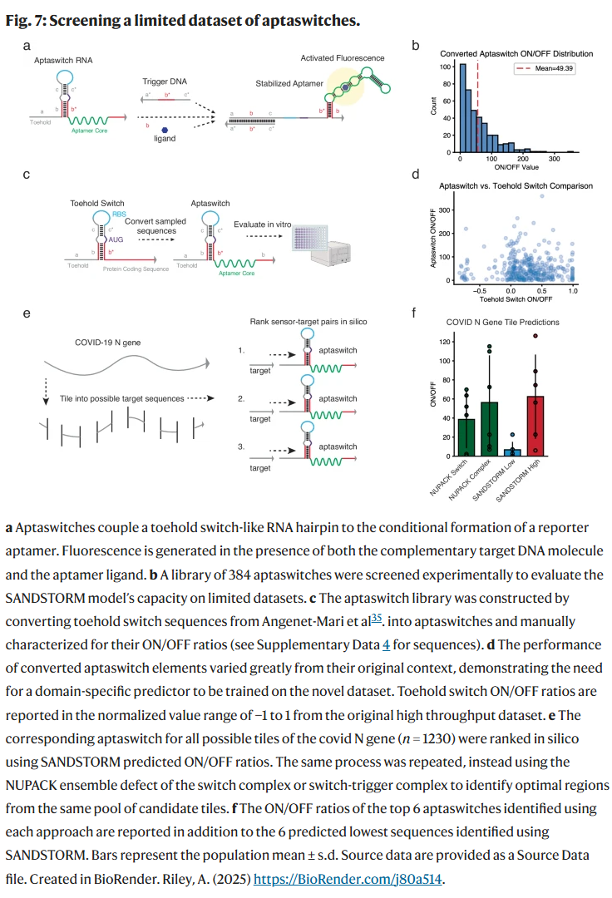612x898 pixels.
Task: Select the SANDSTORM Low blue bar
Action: point(512,452)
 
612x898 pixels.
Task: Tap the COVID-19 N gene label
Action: point(97,342)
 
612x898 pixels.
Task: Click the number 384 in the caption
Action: point(235,575)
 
